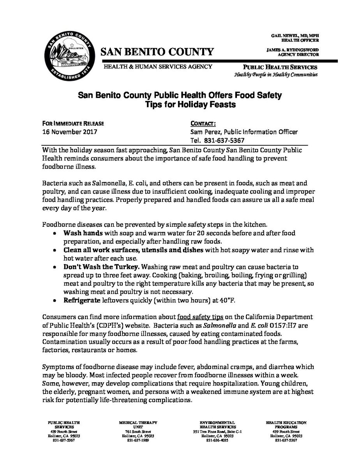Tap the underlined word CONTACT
pos(203,124)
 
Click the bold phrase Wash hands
pos(78,233)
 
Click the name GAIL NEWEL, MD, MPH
pos(296,35)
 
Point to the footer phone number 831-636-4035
pos(217,440)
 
